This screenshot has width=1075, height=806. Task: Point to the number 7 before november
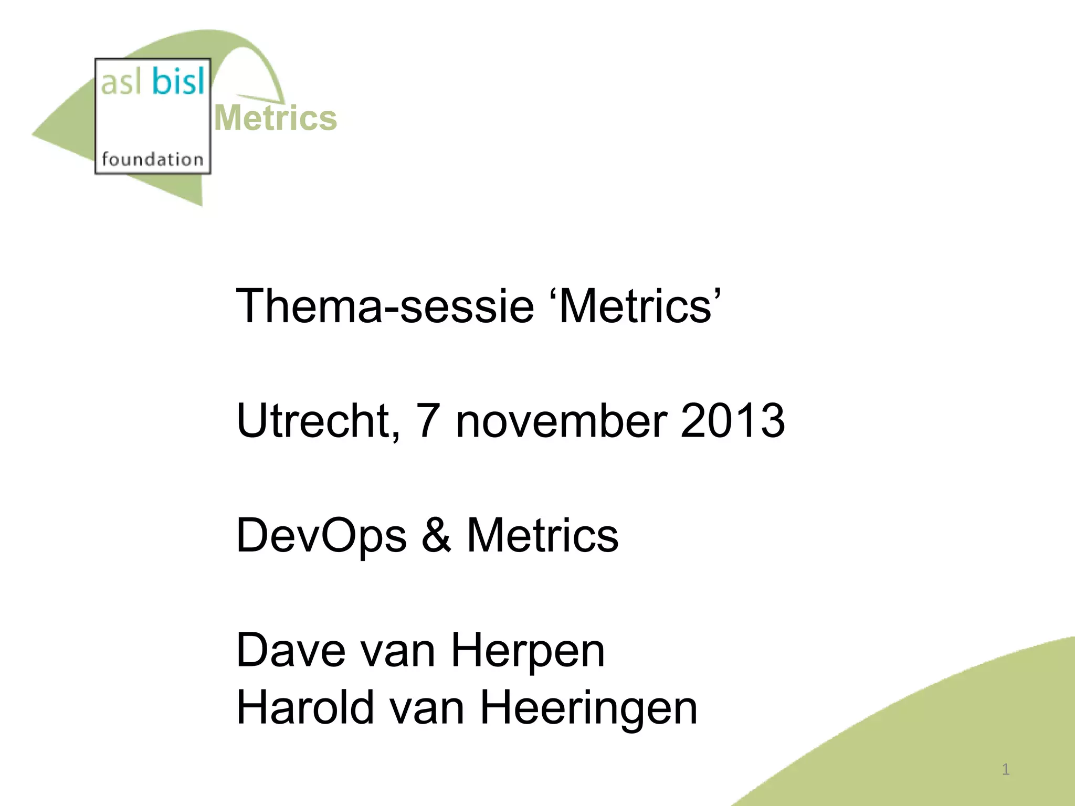click(x=427, y=421)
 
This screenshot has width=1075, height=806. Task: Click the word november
click(x=562, y=421)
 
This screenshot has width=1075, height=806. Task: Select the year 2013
click(x=732, y=421)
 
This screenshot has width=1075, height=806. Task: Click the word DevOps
click(x=321, y=536)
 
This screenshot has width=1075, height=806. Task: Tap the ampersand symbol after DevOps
click(x=436, y=536)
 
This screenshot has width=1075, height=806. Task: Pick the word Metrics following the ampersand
click(x=543, y=536)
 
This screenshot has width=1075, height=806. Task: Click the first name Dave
click(x=291, y=651)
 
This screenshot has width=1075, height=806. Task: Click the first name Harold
click(x=305, y=708)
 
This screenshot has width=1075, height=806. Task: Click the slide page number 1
click(x=1006, y=770)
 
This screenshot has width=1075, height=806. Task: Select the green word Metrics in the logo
click(x=276, y=118)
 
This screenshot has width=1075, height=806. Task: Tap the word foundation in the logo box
click(x=152, y=158)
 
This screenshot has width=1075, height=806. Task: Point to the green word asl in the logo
click(x=121, y=83)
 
